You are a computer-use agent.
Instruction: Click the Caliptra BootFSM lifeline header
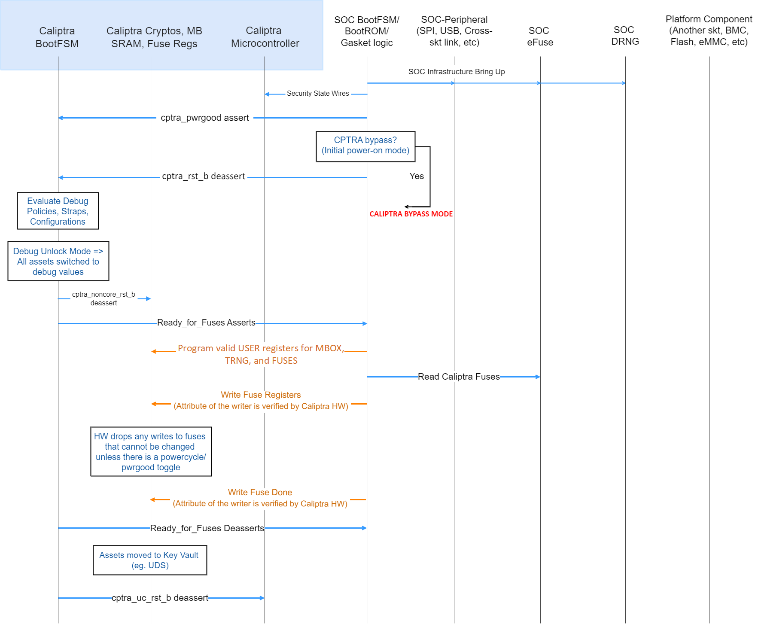coord(57,37)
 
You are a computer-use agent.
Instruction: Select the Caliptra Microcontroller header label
coord(265,37)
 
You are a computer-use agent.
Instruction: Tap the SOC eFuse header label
coord(540,37)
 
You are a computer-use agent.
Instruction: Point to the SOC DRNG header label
coord(625,36)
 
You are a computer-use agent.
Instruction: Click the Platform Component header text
coord(709,30)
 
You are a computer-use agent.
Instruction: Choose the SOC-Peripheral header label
coord(454,31)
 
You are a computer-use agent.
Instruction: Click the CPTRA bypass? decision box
coord(365,146)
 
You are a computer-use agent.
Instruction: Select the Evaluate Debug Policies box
coord(58,211)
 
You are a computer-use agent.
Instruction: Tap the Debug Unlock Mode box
coord(58,261)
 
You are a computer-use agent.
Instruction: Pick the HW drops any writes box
coord(151,451)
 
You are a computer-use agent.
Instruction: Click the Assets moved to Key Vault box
coord(149,560)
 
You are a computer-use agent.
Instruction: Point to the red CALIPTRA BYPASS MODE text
coord(411,214)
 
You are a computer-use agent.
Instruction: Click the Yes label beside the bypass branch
coord(417,176)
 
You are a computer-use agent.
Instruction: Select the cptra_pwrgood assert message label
coord(205,118)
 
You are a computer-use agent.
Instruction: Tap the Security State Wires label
coord(318,94)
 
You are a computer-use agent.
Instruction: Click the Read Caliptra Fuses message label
coord(459,377)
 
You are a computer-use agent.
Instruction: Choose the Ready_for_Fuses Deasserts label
coord(207,528)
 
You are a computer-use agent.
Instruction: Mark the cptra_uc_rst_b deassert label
coord(160,598)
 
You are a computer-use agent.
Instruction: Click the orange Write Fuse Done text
coord(260,492)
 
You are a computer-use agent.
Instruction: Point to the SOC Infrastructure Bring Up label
coord(457,72)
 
